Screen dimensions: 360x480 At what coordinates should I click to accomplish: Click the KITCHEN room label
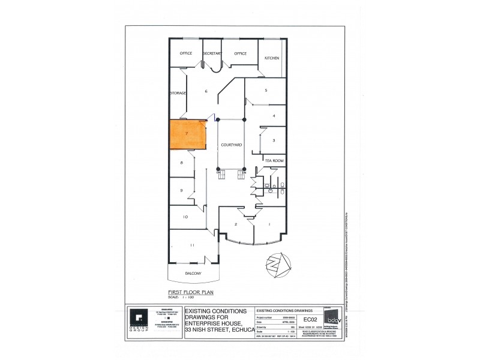click(x=272, y=58)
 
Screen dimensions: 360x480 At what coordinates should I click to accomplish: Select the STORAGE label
click(x=178, y=94)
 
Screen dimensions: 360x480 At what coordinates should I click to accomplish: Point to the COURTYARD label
click(x=231, y=145)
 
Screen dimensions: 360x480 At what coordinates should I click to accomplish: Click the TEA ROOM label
click(x=274, y=161)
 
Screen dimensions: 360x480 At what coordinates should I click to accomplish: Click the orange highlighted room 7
click(x=188, y=134)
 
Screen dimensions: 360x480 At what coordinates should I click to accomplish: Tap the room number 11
click(x=192, y=245)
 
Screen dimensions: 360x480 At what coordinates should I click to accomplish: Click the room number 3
click(x=274, y=140)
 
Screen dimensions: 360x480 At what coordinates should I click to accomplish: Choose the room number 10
click(x=185, y=217)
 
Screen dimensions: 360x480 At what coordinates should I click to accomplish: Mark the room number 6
click(x=206, y=91)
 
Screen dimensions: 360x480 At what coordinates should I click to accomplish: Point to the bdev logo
click(x=331, y=317)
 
